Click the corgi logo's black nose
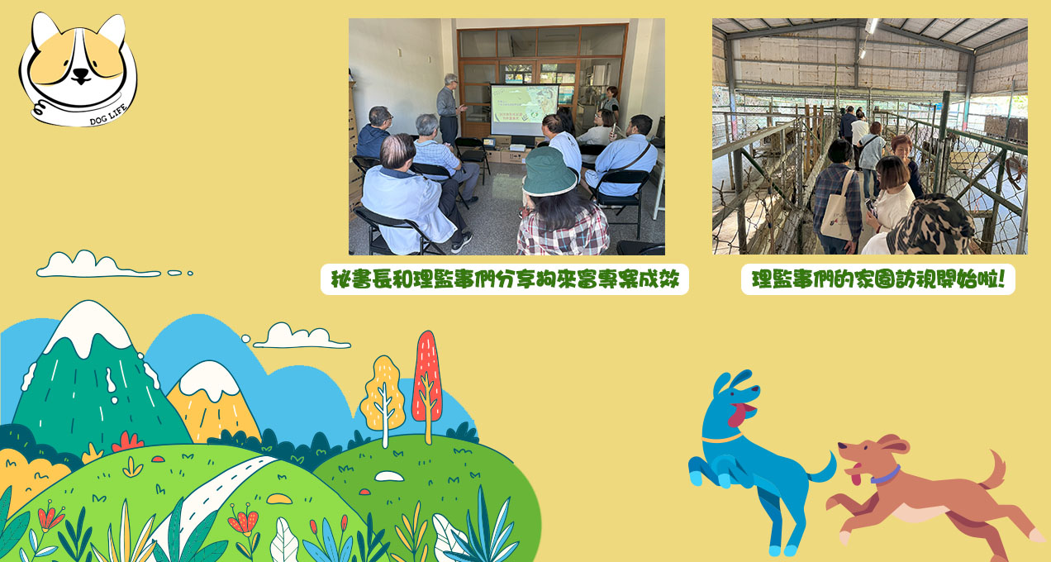coord(81,75)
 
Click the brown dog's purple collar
coord(887,474)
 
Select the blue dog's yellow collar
coord(722,439)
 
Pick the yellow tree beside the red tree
coord(383,400)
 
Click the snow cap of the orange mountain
coord(209,380)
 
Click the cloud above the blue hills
coord(302,336)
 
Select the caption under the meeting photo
coord(505,279)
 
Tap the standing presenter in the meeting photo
coord(449,109)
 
